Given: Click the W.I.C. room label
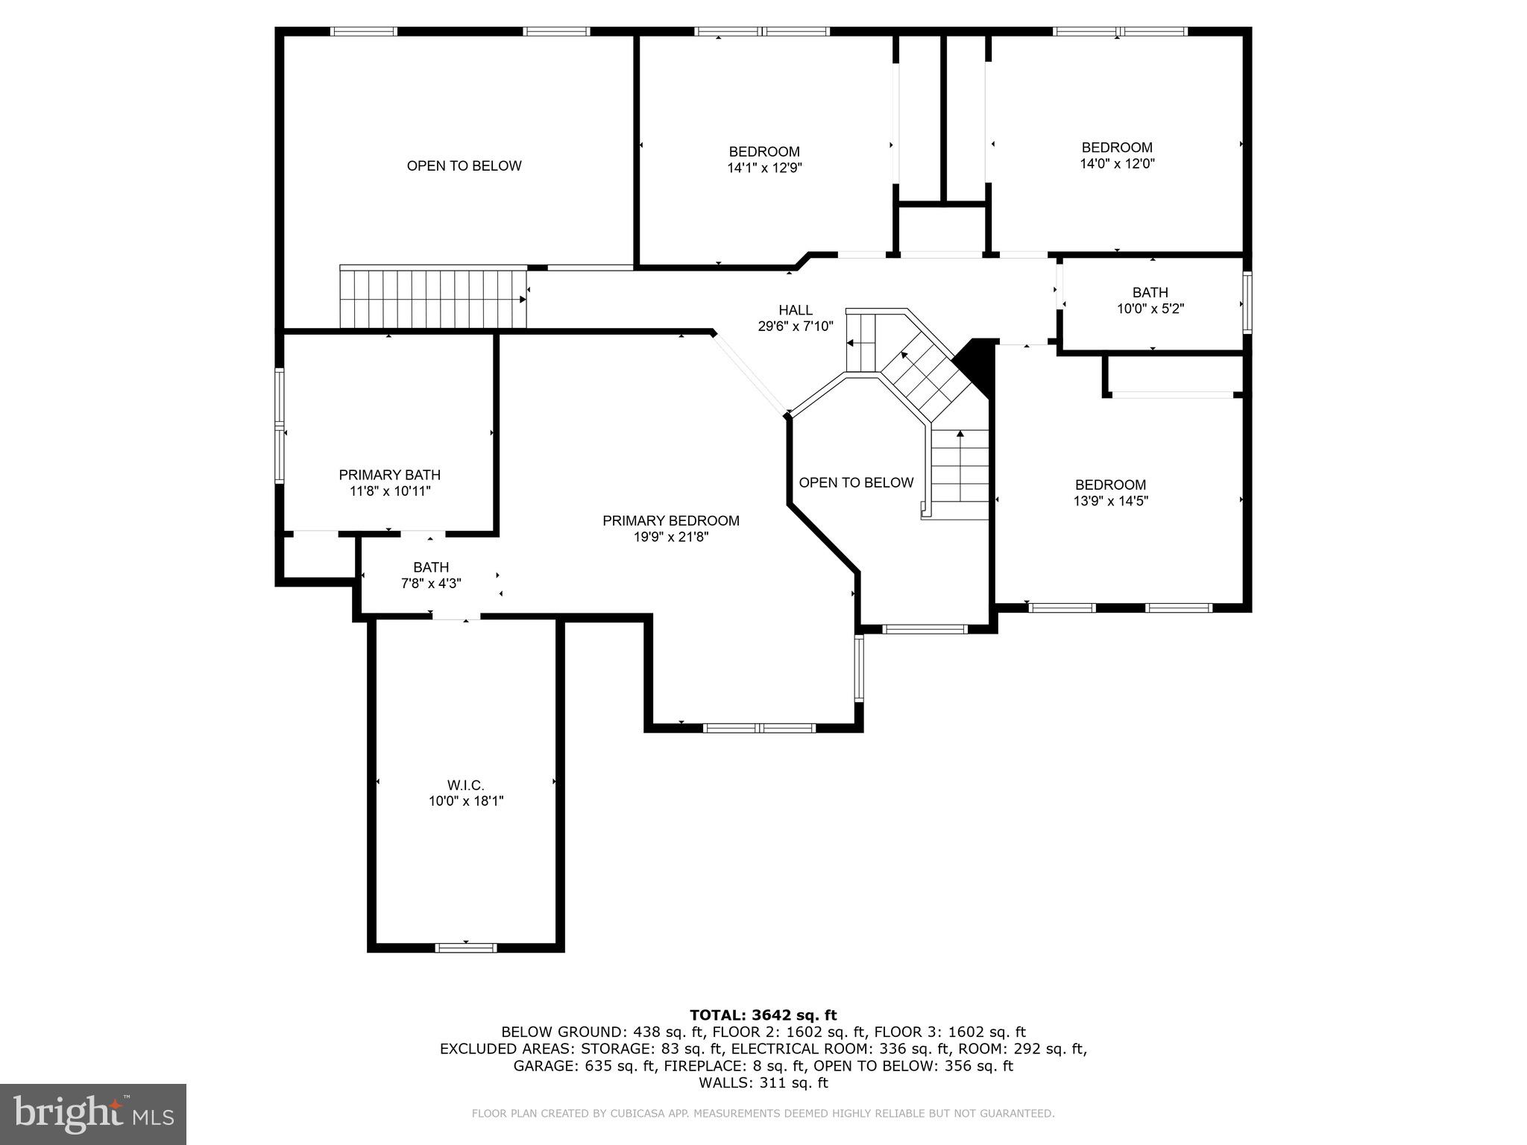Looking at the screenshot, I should coord(466,785).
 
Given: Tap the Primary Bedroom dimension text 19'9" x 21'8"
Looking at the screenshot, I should coord(670,537).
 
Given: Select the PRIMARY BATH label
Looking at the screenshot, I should coord(389,475).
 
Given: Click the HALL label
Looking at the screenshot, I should coord(796,310).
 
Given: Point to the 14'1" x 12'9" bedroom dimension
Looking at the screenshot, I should coord(764,168).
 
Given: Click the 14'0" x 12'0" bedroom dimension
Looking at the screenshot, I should coord(1117,164).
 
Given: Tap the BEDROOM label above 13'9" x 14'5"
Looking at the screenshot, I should coord(1110,485).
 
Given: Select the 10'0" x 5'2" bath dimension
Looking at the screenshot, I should coord(1150,309).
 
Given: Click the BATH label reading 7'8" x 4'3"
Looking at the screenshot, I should coord(431,567).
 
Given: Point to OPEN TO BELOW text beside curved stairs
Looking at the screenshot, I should coord(856,482).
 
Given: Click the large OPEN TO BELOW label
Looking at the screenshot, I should coord(464,165).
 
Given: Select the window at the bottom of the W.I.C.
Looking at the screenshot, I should coord(466,947).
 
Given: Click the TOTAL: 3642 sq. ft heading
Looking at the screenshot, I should coord(763,1015).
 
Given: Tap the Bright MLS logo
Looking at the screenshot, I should coord(93,1114).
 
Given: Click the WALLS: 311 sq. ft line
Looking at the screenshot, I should coord(763,1083).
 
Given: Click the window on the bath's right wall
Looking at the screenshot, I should coord(1247,303).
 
